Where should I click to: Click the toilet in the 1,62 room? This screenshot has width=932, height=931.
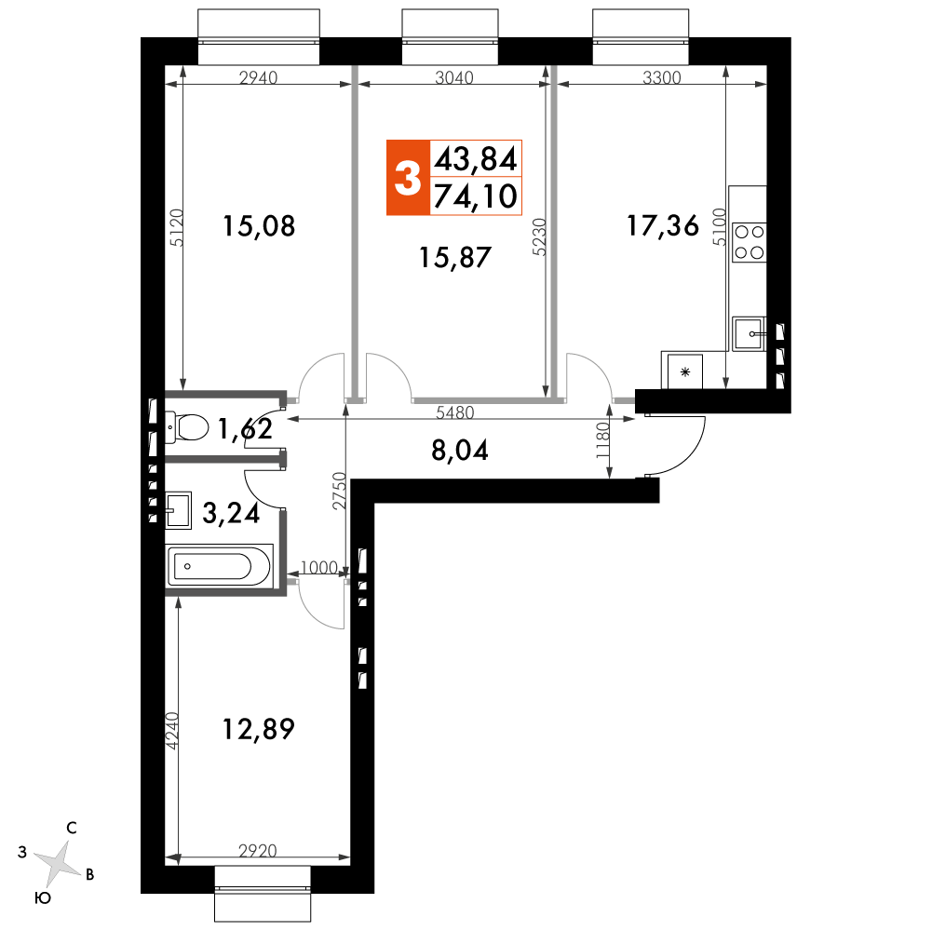[186, 427]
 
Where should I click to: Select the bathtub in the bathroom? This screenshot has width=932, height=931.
[220, 565]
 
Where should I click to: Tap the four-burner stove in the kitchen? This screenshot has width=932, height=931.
[749, 242]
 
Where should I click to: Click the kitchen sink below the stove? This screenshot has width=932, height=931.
[749, 333]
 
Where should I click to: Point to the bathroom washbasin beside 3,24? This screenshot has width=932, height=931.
[179, 510]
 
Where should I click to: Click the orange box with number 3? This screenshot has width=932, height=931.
[408, 177]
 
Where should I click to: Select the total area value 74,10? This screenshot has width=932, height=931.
[476, 196]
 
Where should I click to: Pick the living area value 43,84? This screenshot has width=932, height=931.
[476, 159]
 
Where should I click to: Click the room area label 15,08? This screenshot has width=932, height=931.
[259, 226]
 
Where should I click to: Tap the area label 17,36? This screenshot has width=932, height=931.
[663, 226]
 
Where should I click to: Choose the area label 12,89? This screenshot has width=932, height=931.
[258, 730]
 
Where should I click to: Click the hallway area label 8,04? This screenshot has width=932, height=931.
[459, 450]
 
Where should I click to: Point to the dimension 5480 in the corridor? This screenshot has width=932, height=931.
[455, 412]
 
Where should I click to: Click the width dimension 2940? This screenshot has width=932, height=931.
[258, 77]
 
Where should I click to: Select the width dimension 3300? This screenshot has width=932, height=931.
[662, 77]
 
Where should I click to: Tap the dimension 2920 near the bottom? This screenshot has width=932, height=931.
[257, 851]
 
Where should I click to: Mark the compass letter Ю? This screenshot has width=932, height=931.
[43, 898]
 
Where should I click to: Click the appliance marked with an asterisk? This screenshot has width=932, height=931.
[685, 371]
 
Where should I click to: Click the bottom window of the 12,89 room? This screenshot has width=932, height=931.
[263, 894]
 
